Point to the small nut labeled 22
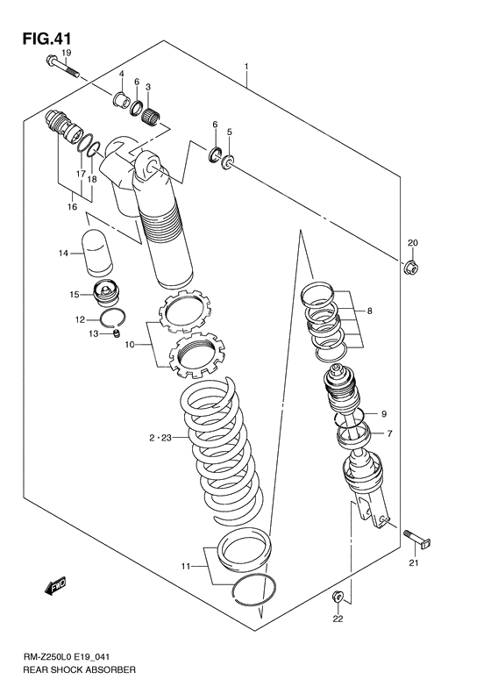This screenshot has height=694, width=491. pyautogui.click(x=337, y=597)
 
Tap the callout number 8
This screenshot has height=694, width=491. pyautogui.click(x=370, y=311)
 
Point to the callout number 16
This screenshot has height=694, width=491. pyautogui.click(x=73, y=207)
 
